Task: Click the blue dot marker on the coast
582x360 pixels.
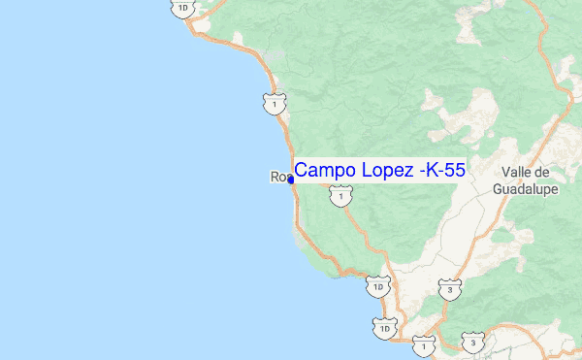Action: [x=291, y=179]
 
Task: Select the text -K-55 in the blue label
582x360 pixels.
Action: [x=442, y=170]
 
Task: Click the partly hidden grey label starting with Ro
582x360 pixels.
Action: [x=278, y=177]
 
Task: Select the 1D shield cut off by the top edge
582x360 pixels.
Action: [x=183, y=8]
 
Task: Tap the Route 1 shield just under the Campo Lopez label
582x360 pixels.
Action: [x=339, y=197]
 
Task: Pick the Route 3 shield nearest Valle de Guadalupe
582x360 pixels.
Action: [x=449, y=288]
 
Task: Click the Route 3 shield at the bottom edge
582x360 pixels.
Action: [x=472, y=344]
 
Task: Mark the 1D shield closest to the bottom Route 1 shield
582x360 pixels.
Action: [x=386, y=329]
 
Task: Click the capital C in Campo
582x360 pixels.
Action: [x=303, y=170]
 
